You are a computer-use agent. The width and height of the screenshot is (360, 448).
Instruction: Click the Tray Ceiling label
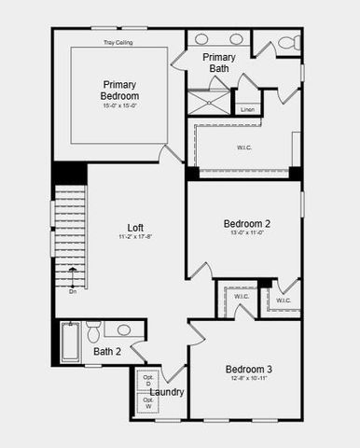[x=117, y=42]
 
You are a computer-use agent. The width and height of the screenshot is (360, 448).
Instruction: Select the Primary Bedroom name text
[x=120, y=90]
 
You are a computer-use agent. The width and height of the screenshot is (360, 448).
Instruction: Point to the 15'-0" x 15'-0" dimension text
[x=120, y=105]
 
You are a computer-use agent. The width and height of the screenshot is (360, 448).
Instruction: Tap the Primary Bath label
[x=219, y=63]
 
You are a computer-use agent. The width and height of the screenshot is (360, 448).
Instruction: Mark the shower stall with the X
[x=208, y=102]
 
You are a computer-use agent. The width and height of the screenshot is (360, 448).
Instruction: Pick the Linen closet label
[x=247, y=110]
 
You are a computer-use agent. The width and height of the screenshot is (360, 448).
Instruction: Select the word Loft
[x=136, y=227]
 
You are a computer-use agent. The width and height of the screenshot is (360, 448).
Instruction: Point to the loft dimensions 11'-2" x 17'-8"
[x=135, y=238]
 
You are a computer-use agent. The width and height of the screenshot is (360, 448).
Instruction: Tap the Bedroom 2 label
[x=246, y=224]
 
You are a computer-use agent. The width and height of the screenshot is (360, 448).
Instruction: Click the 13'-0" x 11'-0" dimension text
[x=246, y=234]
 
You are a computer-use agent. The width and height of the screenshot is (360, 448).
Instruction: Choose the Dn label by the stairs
[x=73, y=291]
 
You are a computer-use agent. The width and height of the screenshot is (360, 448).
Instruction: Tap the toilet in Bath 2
[x=93, y=333]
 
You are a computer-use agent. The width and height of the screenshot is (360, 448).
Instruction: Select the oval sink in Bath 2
[x=124, y=329]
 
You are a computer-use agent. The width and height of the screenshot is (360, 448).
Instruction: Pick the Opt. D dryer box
[x=147, y=381]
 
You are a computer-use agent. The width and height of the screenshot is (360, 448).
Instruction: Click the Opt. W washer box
[x=147, y=402]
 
